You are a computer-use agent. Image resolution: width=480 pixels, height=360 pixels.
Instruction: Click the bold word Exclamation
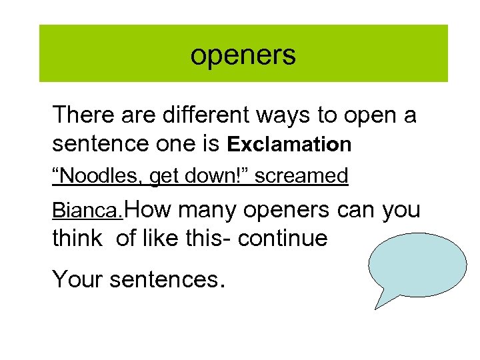coord(289,144)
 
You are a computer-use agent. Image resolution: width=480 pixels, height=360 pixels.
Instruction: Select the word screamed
coord(301,176)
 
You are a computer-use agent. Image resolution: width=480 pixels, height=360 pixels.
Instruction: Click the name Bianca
coord(87,211)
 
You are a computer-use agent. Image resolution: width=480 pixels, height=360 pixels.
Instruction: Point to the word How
coord(147,209)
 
